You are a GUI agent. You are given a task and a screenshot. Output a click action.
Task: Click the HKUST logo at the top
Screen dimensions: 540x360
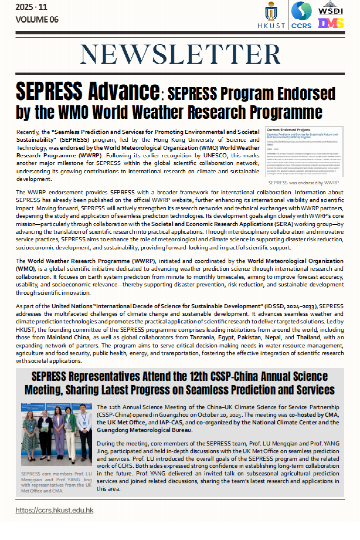pyautogui.click(x=271, y=15)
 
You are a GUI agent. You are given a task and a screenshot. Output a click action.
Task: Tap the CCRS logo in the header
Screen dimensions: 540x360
pyautogui.click(x=301, y=15)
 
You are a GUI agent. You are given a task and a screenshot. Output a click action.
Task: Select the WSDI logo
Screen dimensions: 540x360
pyautogui.click(x=331, y=8)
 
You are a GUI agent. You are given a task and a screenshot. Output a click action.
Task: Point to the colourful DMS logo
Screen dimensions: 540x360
pyautogui.click(x=331, y=23)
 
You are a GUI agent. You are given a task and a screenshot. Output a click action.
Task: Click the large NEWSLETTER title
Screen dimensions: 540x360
pyautogui.click(x=180, y=54)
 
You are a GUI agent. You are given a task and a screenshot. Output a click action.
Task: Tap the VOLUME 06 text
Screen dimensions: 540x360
pyautogui.click(x=37, y=20)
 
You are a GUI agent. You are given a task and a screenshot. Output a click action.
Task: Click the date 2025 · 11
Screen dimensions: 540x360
pyautogui.click(x=31, y=7)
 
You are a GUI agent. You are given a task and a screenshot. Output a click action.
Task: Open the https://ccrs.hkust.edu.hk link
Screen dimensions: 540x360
pyautogui.click(x=55, y=510)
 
